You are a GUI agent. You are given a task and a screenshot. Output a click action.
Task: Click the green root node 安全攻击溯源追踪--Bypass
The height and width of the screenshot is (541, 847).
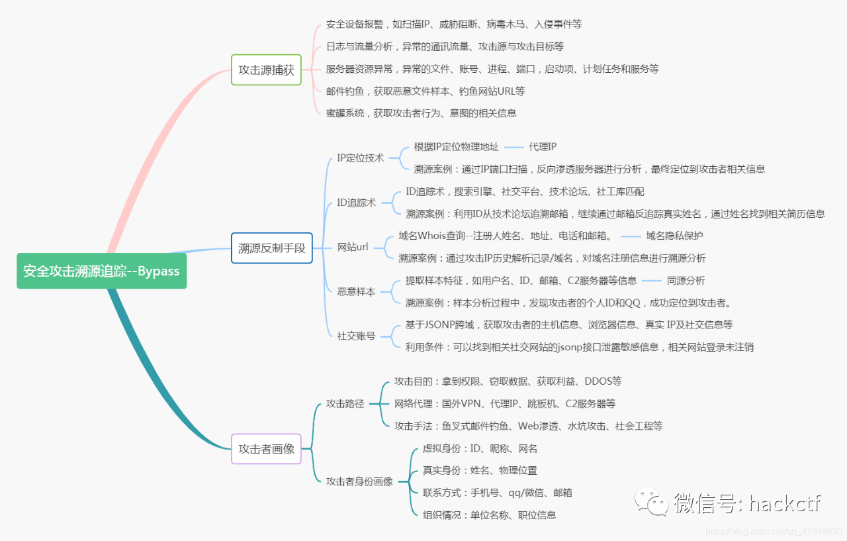point(102,271)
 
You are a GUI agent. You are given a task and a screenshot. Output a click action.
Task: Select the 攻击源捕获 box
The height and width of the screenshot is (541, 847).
point(266,70)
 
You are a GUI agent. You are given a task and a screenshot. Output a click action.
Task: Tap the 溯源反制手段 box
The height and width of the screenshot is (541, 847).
point(271,248)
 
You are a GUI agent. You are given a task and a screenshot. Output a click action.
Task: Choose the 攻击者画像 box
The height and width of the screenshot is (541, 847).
point(266,449)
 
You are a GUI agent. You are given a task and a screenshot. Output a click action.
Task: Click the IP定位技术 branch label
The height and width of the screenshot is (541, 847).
point(361,158)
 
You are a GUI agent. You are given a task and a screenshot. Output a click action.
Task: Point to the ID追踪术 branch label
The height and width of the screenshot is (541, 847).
point(356,203)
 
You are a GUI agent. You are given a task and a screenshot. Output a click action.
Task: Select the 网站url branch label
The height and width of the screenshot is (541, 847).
point(353,247)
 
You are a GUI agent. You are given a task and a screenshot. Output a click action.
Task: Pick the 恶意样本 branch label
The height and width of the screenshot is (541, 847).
point(356,291)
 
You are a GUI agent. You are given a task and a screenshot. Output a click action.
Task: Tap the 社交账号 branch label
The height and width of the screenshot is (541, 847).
point(356,336)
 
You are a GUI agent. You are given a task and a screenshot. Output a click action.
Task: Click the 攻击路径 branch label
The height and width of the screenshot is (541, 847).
point(345,404)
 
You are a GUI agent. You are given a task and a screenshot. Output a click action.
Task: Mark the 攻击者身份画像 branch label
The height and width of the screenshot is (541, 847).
point(359,481)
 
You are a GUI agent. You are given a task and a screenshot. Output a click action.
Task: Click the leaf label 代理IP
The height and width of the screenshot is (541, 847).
point(543,147)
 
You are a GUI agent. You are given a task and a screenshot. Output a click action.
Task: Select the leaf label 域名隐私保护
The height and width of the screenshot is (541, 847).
point(674,236)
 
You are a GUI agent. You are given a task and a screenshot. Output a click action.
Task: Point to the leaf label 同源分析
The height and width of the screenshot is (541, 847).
point(686,280)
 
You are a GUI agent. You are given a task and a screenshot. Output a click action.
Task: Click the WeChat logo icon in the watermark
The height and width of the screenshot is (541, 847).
point(652,502)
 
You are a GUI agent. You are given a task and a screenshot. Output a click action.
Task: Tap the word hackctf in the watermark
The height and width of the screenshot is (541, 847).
point(784,503)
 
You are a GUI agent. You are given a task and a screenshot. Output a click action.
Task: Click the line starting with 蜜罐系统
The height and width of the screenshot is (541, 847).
point(422,113)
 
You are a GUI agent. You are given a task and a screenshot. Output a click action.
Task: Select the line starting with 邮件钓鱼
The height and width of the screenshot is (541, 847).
point(425,91)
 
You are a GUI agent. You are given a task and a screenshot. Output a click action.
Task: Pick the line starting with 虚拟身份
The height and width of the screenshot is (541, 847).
point(480,448)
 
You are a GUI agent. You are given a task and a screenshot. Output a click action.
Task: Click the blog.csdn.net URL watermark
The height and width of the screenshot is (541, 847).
point(774,531)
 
